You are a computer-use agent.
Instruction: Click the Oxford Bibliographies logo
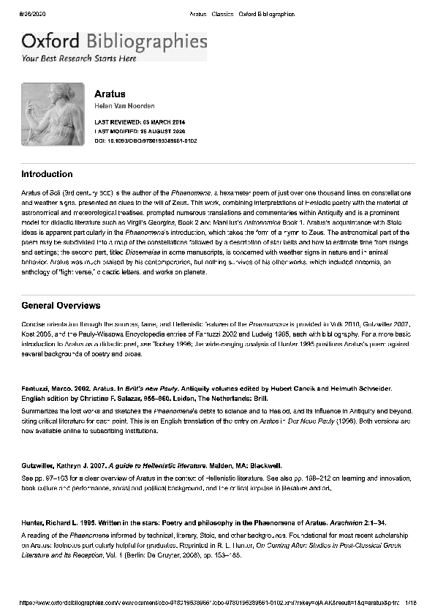(114, 42)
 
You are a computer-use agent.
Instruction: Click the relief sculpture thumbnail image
(53, 114)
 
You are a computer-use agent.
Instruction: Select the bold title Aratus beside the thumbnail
(110, 94)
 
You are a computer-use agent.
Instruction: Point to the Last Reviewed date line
(140, 121)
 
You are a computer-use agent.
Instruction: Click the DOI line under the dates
(145, 140)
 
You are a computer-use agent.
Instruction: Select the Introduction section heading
(47, 175)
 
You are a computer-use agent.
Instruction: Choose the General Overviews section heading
(61, 306)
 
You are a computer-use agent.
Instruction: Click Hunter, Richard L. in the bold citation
(56, 525)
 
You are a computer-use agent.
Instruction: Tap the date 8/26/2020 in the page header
(34, 14)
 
